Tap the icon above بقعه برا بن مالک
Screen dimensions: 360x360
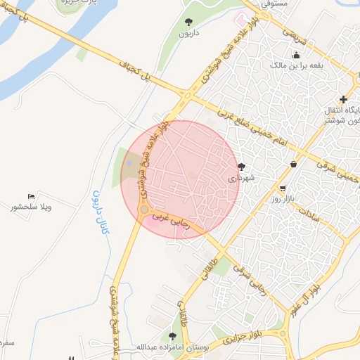click(x=297, y=54)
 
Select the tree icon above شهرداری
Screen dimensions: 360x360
click(x=243, y=167)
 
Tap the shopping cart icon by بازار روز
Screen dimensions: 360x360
click(x=282, y=188)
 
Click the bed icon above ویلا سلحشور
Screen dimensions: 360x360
click(x=31, y=195)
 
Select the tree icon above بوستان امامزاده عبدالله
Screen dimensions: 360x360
click(x=172, y=335)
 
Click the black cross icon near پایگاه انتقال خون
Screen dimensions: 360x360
click(x=343, y=99)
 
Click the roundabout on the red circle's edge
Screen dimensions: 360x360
click(x=144, y=210)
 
